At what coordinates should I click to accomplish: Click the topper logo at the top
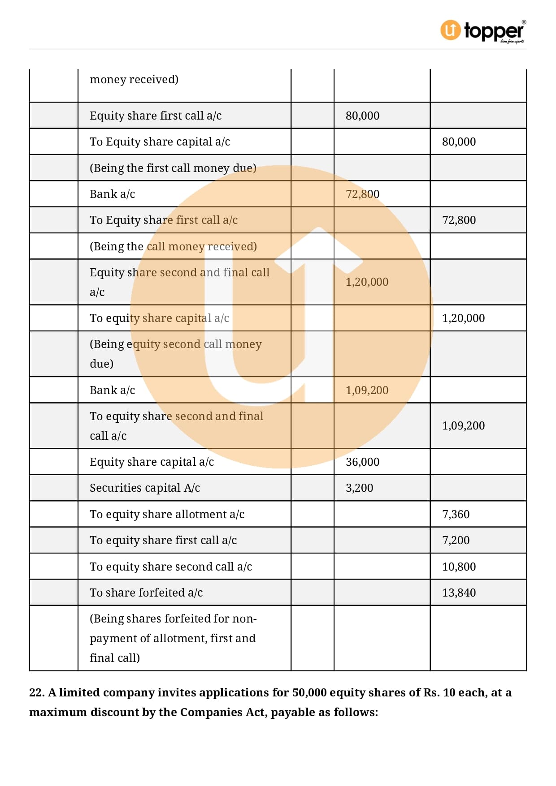(x=483, y=31)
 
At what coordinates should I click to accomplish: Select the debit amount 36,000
(x=362, y=462)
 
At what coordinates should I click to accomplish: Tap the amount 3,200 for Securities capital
(x=359, y=488)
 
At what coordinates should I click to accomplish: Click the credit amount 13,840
(x=459, y=593)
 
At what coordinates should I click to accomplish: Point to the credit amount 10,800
(x=459, y=567)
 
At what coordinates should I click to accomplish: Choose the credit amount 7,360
(x=456, y=514)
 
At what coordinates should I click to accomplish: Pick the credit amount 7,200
(x=456, y=540)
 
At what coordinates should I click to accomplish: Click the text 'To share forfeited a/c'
(x=146, y=593)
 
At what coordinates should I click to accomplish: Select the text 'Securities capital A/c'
(x=145, y=488)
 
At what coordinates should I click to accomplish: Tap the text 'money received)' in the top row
(x=134, y=79)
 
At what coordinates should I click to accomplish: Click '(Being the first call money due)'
(x=173, y=168)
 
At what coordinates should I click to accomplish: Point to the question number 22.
(x=36, y=692)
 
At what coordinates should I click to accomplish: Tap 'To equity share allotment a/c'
(x=167, y=514)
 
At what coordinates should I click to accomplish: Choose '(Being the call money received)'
(x=173, y=246)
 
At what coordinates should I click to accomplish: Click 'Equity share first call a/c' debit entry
(x=156, y=116)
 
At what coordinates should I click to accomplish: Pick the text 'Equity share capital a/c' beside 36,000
(x=152, y=462)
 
